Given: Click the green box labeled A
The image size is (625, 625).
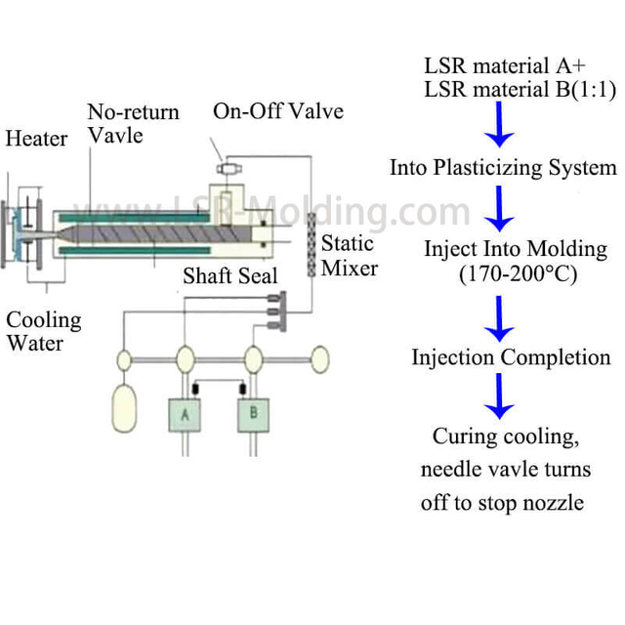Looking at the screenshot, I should point(184,414).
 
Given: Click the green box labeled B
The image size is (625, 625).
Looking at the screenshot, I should point(254,414).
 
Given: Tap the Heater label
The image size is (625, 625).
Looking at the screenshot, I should point(36,139).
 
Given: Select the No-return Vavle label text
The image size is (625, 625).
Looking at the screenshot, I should point(133,122).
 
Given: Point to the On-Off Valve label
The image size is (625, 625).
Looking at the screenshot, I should point(278,110).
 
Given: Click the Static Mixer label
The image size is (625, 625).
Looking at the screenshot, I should point(349,254).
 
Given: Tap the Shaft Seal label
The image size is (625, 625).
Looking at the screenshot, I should point(229,276).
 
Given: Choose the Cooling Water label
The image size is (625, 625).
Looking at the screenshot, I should point(44,331).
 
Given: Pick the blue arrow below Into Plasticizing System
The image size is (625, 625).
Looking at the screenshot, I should point(501,206).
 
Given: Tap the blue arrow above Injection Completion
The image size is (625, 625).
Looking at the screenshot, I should point(501,317).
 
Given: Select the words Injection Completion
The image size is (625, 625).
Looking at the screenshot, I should point(510,357).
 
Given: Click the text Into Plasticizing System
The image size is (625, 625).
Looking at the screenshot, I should point(503,167).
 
